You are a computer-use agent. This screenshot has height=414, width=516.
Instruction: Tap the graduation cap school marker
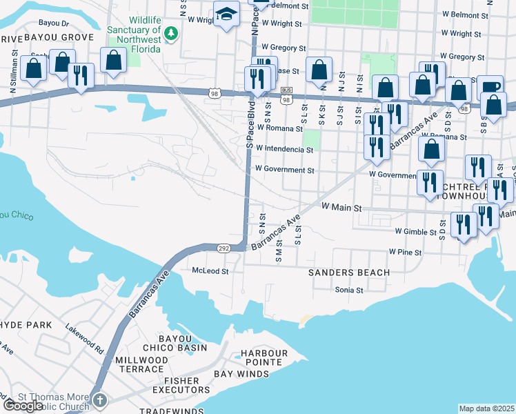tap(225, 14)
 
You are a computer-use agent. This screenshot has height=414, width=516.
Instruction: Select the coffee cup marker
tap(489, 87)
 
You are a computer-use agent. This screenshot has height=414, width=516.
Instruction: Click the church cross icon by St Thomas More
tap(100, 400)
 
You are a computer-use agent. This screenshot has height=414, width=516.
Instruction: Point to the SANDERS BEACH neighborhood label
tap(348, 273)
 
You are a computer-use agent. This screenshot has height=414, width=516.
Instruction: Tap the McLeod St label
tap(210, 271)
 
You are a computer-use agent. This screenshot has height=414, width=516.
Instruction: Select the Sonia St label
tap(348, 290)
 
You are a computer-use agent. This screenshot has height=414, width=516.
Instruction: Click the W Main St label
tap(341, 207)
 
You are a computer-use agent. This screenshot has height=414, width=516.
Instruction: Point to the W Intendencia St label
tap(284, 148)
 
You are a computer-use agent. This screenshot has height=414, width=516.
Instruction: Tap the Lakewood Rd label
tap(84, 335)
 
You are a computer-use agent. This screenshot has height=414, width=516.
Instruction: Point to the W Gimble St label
tap(416, 233)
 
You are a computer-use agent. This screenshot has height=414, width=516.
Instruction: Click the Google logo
tap(23, 406)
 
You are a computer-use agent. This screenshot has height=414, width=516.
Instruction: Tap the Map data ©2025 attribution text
tap(486, 408)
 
